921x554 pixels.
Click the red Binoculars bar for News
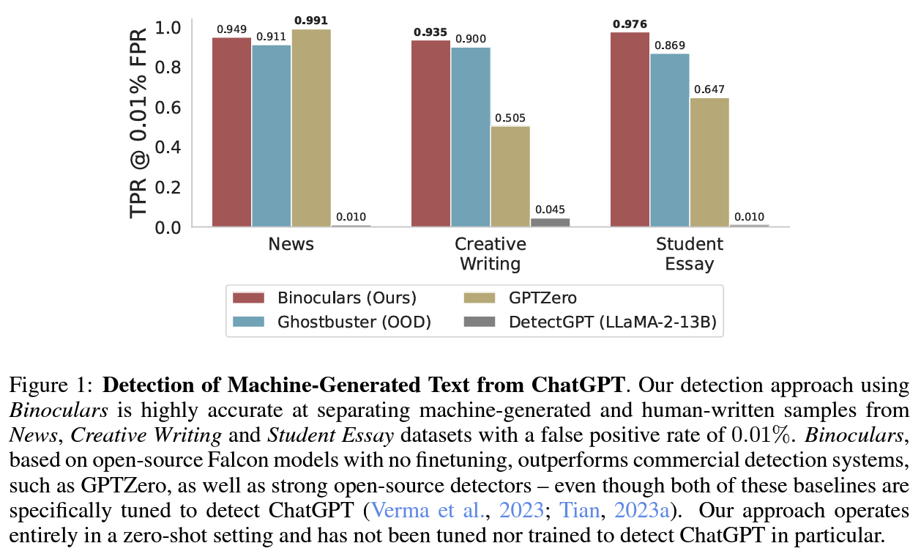point(232,132)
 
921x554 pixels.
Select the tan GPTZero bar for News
point(311,128)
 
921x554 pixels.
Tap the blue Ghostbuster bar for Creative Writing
point(470,137)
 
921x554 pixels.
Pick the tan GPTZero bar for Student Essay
point(709,162)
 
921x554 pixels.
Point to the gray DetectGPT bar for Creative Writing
point(550,222)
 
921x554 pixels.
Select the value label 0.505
point(510,118)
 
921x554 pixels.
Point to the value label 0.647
point(709,90)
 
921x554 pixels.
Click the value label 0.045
point(550,210)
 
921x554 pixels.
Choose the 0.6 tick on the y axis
point(169,107)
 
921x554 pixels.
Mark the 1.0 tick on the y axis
point(169,28)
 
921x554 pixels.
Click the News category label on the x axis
point(291,244)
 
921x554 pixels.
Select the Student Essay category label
point(689,254)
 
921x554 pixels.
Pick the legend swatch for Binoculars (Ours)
point(248,298)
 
